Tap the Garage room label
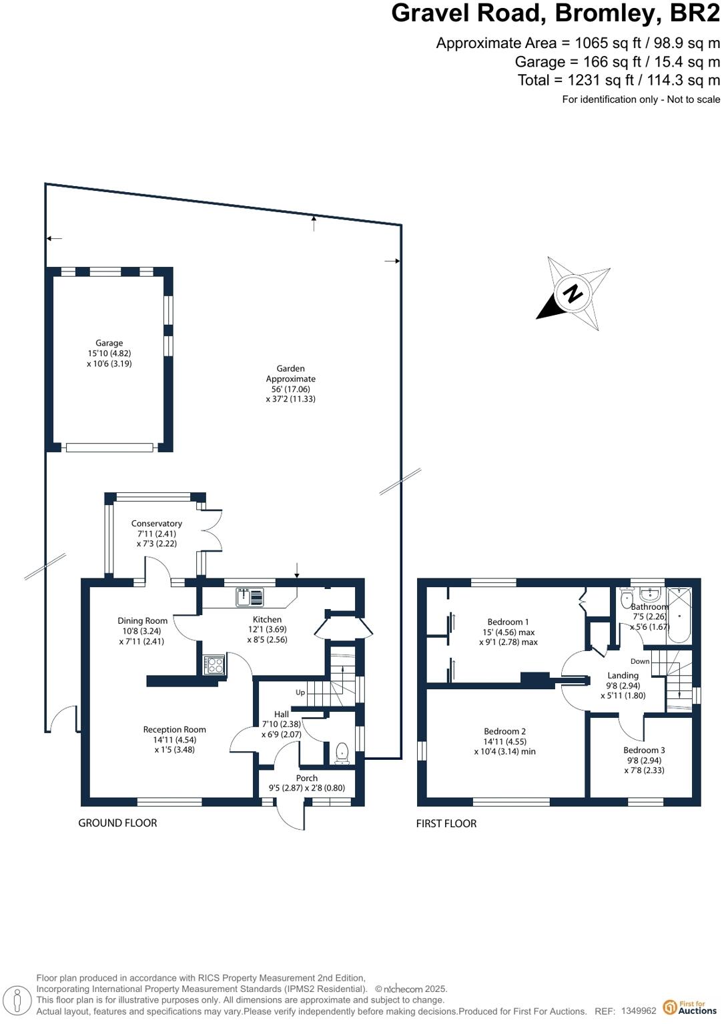pyautogui.click(x=109, y=343)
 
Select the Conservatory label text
pyautogui.click(x=157, y=524)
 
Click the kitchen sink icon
pyautogui.click(x=250, y=597)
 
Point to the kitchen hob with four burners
pyautogui.click(x=214, y=664)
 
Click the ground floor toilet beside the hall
pyautogui.click(x=342, y=752)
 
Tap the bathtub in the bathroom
pyautogui.click(x=679, y=614)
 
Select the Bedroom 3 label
pyautogui.click(x=644, y=750)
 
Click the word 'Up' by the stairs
pyautogui.click(x=300, y=692)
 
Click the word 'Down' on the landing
pyautogui.click(x=639, y=662)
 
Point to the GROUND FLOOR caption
pyautogui.click(x=118, y=823)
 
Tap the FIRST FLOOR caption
pyautogui.click(x=446, y=824)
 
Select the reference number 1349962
pyautogui.click(x=639, y=1011)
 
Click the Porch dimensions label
pyautogui.click(x=307, y=788)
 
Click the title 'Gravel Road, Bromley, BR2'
pyautogui.click(x=555, y=13)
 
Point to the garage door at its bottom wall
pyautogui.click(x=109, y=448)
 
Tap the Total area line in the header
pyautogui.click(x=619, y=80)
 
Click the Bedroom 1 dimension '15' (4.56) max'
pyautogui.click(x=508, y=632)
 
